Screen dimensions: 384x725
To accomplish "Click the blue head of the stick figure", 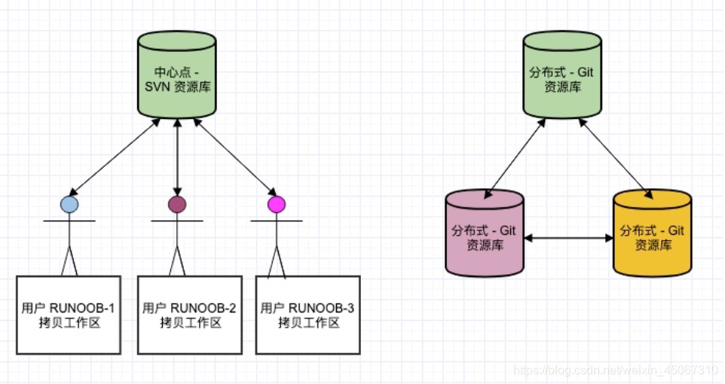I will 69,204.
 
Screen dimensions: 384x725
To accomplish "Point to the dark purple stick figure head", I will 177,204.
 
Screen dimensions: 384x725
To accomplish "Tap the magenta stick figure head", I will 277,204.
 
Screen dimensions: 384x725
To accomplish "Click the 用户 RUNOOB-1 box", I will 69,315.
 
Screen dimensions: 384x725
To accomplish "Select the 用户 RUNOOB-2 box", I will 190,315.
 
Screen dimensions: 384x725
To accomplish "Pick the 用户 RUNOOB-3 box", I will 307,315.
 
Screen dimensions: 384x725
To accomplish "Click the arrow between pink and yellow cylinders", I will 568,238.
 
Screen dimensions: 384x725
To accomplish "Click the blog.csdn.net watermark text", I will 614,371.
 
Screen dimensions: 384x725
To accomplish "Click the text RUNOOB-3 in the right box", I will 321,308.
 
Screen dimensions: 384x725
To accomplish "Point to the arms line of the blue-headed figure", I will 69,221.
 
